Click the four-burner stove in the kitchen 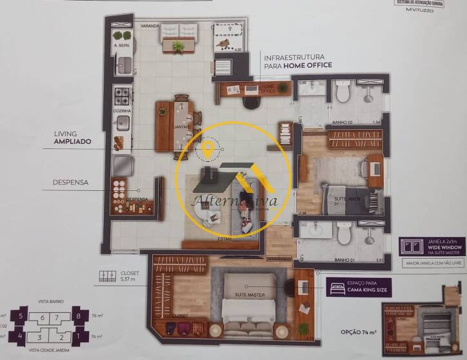click(122, 97)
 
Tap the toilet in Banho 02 click(343, 94)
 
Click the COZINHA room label click(123, 111)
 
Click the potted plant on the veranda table click(179, 46)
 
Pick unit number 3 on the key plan click(39, 336)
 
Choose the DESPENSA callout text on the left click(71, 183)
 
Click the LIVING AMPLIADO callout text click(72, 137)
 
